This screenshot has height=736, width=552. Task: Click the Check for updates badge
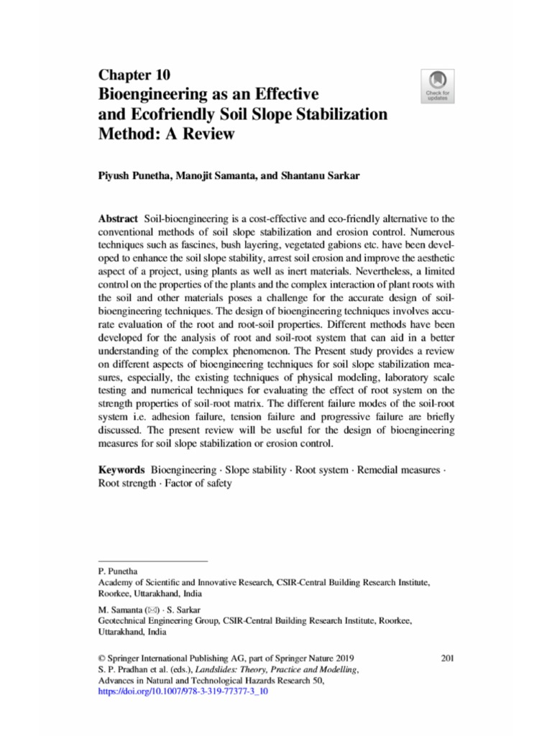(x=438, y=86)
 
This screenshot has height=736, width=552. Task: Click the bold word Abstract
(x=118, y=217)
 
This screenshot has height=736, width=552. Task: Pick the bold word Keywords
(x=122, y=470)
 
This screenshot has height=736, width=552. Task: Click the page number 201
(x=446, y=658)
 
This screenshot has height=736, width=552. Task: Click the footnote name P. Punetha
(x=116, y=570)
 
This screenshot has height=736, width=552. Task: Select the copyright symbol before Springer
(x=101, y=658)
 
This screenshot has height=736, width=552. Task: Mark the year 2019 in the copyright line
(x=342, y=658)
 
